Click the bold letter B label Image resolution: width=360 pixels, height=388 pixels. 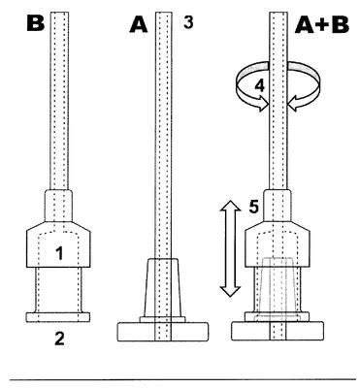point(35,23)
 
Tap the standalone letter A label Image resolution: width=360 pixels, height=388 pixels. point(139,25)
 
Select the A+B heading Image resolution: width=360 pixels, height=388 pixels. point(322,25)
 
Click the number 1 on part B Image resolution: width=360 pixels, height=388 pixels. point(59,253)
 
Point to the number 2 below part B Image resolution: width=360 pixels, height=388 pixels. point(59,339)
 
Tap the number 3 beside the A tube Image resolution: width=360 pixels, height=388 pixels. point(188,23)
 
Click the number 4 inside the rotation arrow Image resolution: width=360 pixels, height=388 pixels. point(260,86)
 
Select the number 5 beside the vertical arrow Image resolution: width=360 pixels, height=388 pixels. point(254,207)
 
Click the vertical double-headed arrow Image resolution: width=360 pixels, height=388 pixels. point(230,248)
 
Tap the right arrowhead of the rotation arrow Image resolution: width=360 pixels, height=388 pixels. point(293,106)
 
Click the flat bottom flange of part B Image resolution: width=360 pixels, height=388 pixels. point(57,317)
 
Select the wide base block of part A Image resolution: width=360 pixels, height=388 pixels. point(162,332)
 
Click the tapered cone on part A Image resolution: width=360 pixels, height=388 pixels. point(162,288)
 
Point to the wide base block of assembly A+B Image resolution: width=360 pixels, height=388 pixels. point(278,331)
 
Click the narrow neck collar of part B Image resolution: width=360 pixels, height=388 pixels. point(58,206)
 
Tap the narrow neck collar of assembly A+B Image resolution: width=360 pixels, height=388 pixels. point(278,206)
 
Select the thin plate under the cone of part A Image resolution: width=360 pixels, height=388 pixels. point(162,319)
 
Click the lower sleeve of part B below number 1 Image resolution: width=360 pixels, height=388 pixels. point(58,290)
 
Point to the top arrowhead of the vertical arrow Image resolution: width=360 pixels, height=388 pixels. point(230,205)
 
